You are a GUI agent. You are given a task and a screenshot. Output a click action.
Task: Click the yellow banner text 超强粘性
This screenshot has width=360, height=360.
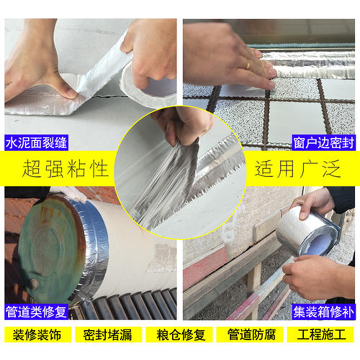click(x=65, y=170)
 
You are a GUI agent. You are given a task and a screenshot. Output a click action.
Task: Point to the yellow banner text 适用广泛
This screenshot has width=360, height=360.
click(x=297, y=170)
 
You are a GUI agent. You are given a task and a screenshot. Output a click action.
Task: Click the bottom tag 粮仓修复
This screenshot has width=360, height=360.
click(x=180, y=335)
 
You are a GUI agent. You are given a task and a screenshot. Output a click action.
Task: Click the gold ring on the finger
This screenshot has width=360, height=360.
click(x=248, y=65)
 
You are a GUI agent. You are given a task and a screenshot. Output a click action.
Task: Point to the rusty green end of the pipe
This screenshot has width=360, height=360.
click(x=49, y=247)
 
